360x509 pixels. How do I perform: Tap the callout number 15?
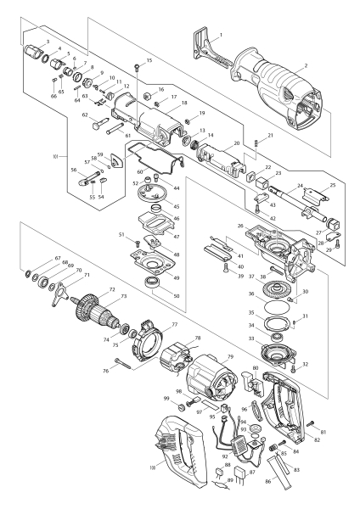tap(149, 60)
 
